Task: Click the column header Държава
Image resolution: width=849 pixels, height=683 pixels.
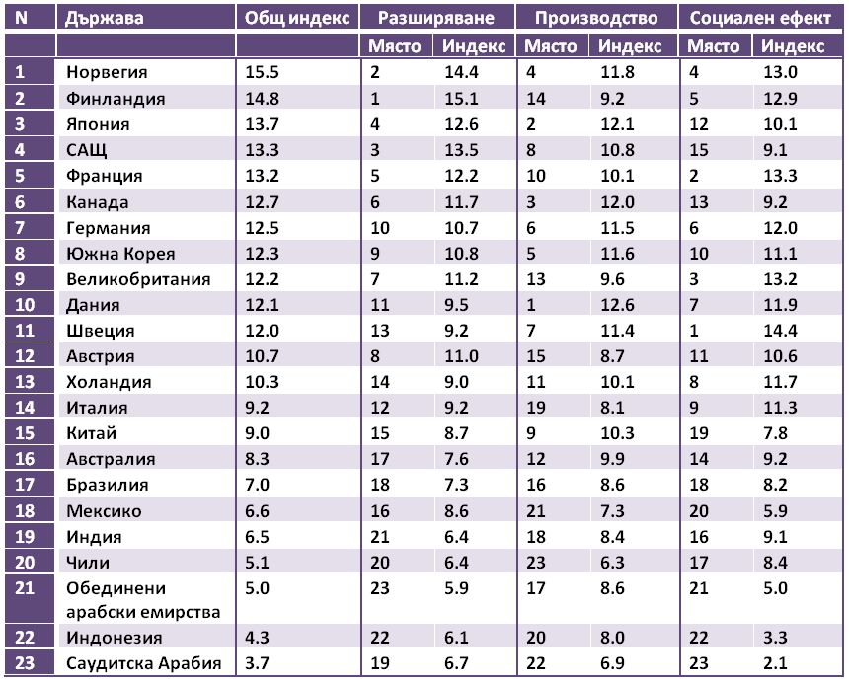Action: pyautogui.click(x=104, y=18)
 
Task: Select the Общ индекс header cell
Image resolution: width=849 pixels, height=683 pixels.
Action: pyautogui.click(x=297, y=18)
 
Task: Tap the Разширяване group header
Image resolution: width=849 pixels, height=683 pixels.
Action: pyautogui.click(x=436, y=18)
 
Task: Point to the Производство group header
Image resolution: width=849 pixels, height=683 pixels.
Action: pyautogui.click(x=596, y=18)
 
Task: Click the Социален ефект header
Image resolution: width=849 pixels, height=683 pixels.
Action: pyautogui.click(x=760, y=18)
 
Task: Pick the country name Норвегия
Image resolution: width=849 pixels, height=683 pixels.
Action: pyautogui.click(x=107, y=72)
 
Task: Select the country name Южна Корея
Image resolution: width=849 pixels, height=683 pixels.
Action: pyautogui.click(x=120, y=254)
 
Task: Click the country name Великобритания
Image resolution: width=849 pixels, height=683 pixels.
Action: pyautogui.click(x=138, y=279)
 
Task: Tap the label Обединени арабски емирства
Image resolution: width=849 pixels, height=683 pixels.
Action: pyautogui.click(x=143, y=600)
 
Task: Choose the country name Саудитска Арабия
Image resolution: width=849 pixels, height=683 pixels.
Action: pyautogui.click(x=143, y=663)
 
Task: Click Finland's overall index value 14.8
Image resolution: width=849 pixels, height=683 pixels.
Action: pyautogui.click(x=262, y=99)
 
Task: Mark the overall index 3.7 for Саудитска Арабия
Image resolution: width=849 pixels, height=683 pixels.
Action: pyautogui.click(x=257, y=663)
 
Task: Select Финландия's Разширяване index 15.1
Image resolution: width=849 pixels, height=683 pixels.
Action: pyautogui.click(x=461, y=99)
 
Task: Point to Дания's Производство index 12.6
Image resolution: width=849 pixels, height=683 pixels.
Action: pyautogui.click(x=617, y=305)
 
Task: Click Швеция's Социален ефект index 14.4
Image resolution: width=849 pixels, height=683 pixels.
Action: pyautogui.click(x=780, y=330)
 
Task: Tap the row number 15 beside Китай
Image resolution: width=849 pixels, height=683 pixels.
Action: pyautogui.click(x=25, y=433)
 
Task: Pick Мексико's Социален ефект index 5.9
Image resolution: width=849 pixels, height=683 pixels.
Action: pyautogui.click(x=775, y=511)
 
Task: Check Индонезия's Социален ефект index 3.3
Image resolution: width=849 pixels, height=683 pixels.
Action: pyautogui.click(x=775, y=637)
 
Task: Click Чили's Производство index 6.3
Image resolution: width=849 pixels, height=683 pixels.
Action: pyautogui.click(x=612, y=563)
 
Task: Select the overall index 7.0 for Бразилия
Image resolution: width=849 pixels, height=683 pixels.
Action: pyautogui.click(x=257, y=485)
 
